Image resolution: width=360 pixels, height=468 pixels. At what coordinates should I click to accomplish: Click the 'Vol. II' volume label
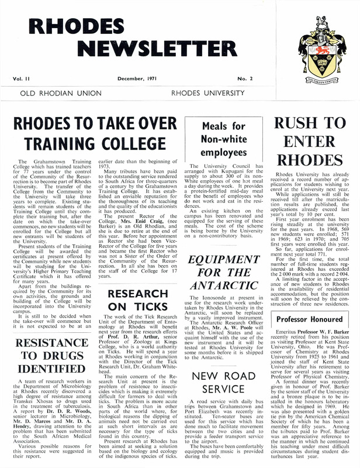point(21,76)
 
